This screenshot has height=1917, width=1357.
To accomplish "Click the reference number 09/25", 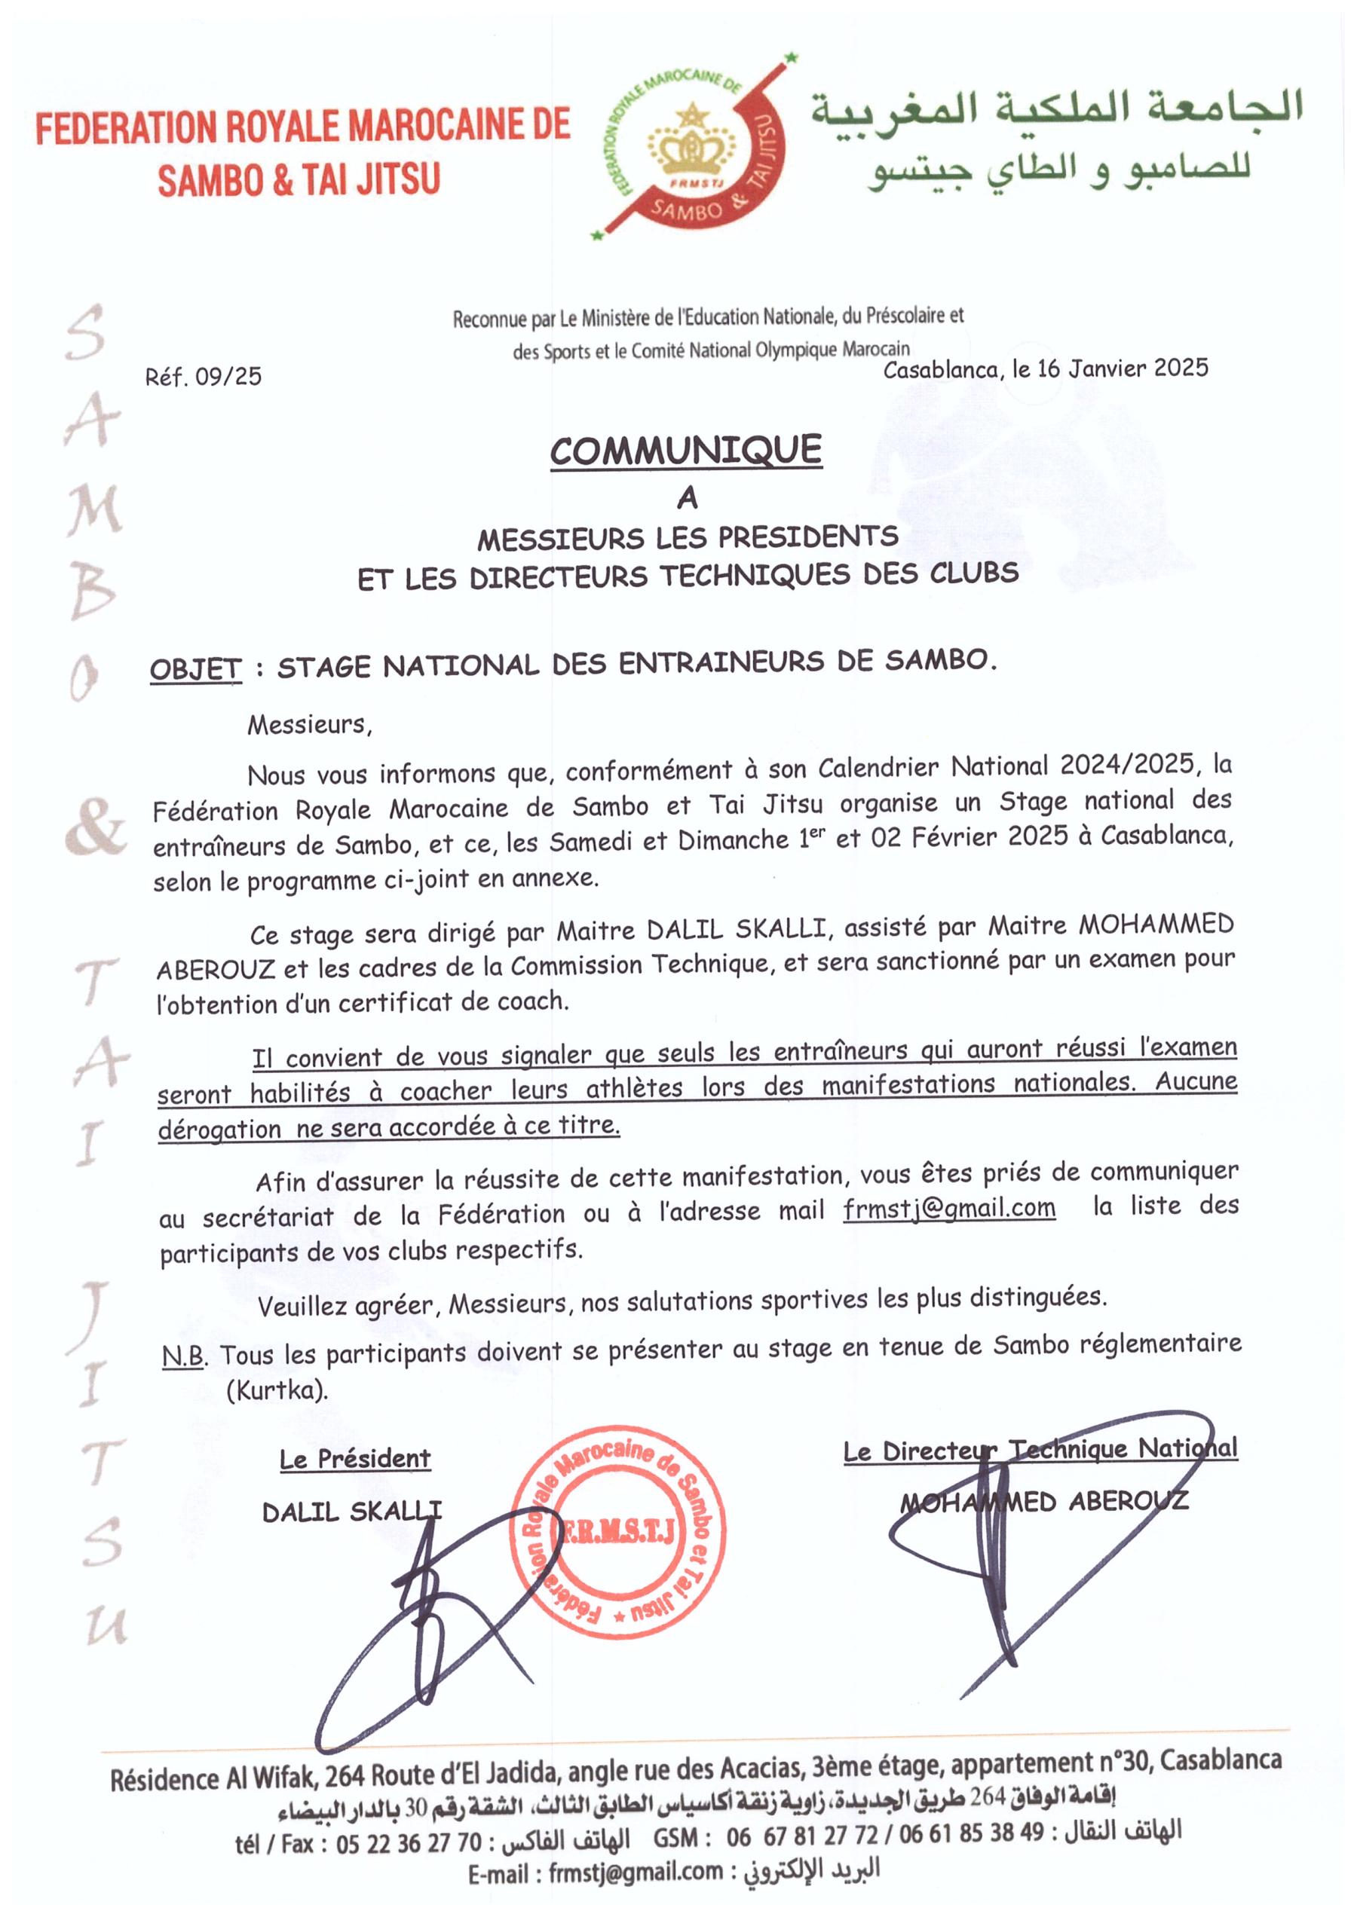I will tap(228, 377).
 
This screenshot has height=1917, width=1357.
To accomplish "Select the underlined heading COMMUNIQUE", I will tap(685, 451).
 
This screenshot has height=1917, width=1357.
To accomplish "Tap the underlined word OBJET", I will tap(195, 669).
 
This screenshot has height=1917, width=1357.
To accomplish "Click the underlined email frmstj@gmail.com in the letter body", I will tap(948, 1209).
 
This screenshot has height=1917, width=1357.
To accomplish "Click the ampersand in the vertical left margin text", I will tap(95, 827).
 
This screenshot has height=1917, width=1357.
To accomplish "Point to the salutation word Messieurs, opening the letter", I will tap(309, 724).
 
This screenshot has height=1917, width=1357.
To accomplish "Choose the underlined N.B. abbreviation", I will tap(184, 1356).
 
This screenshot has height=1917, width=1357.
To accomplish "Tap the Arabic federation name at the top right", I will tap(1057, 138).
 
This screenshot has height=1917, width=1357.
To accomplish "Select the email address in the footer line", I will tap(635, 1873).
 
